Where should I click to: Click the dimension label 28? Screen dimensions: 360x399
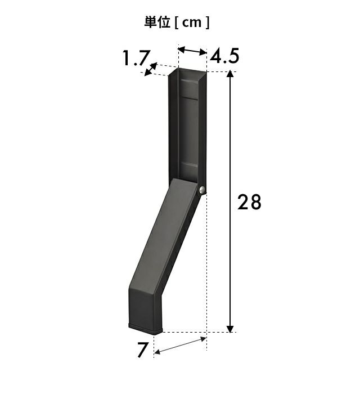point(249,202)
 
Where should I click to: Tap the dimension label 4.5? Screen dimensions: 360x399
point(224,56)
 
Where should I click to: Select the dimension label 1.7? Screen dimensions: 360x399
point(136,58)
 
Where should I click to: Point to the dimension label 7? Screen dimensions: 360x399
point(143,350)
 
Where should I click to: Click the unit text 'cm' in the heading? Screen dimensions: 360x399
point(192,23)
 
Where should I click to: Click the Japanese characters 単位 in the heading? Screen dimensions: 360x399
point(157,22)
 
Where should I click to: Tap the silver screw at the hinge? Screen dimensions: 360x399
point(202,190)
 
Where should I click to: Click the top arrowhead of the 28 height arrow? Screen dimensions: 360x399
point(230,74)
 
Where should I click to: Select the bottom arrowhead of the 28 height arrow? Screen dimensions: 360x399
point(230,329)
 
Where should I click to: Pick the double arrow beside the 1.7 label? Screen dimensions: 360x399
point(151,69)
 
